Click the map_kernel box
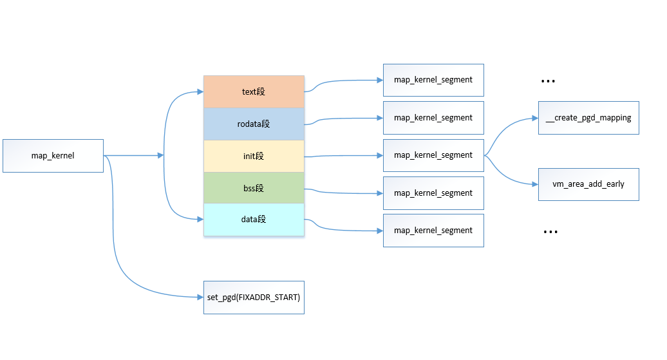point(53,155)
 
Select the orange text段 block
point(254,91)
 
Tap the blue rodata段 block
point(254,124)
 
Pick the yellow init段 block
point(254,156)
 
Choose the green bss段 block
point(254,188)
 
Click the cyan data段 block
point(254,220)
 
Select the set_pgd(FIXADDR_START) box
point(254,297)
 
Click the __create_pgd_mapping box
point(588,118)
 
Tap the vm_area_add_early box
point(588,184)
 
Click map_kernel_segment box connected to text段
point(433,80)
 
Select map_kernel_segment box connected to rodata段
point(433,118)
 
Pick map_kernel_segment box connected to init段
point(433,155)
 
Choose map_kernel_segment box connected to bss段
point(433,193)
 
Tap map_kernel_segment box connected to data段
point(433,231)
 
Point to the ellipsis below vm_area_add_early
point(550,232)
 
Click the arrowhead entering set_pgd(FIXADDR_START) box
point(200,297)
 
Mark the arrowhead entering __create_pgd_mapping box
point(534,118)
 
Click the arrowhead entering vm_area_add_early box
point(534,184)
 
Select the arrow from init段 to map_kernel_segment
point(341,156)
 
